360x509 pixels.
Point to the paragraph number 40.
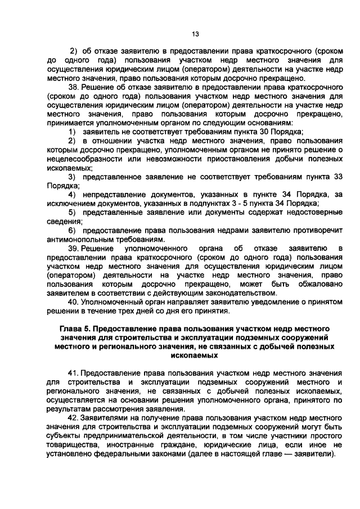73,301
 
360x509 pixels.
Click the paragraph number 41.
73,373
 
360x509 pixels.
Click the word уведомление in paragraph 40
254,301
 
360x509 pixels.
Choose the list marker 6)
73,230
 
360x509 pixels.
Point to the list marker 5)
73,212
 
